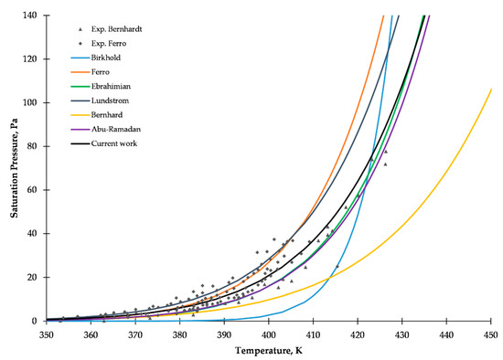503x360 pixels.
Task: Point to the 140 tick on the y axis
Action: (31, 16)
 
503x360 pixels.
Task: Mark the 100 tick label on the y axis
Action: (31, 102)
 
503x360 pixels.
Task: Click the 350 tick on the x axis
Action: (46, 333)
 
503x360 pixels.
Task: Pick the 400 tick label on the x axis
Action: (268, 333)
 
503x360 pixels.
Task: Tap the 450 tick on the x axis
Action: (491, 333)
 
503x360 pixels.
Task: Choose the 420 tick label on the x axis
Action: (358, 333)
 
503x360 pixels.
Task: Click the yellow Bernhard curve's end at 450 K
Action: (491, 89)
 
